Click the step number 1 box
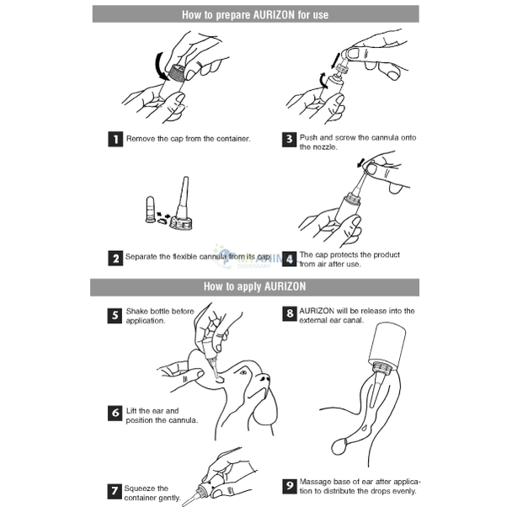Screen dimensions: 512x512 coord(115,139)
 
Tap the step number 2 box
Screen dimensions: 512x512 coord(115,258)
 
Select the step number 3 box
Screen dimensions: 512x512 coord(290,140)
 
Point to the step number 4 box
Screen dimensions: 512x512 coord(290,259)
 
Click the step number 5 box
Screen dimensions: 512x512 coord(115,316)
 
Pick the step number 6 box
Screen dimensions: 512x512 coord(115,413)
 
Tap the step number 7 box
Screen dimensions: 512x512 coord(115,492)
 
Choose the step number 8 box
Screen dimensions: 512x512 coord(290,313)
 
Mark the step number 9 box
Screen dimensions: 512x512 coord(290,486)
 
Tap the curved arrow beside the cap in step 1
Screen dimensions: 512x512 coord(162,67)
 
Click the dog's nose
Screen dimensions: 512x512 coord(264,378)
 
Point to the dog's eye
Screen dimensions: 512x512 coord(243,372)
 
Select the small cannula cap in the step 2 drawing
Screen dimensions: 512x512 coord(150,210)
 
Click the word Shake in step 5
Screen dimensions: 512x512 coord(136,312)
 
